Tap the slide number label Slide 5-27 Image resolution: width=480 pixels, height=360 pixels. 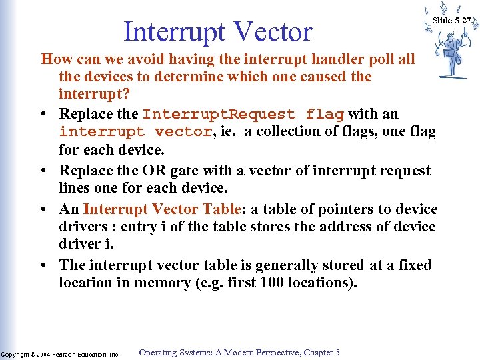451,21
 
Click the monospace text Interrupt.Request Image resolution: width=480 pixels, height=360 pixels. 219,114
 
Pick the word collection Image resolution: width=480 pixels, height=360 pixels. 291,131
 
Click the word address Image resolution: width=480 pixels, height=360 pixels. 329,227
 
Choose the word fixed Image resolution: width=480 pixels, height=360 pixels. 415,265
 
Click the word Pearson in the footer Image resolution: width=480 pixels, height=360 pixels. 67,355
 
